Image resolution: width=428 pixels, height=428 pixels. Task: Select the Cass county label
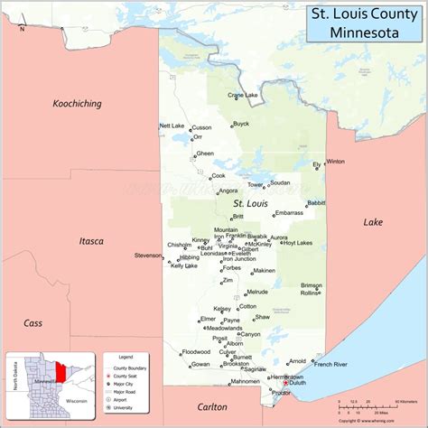click(33, 322)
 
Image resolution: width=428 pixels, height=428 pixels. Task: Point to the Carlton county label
click(215, 406)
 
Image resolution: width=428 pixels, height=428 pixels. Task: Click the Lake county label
click(373, 222)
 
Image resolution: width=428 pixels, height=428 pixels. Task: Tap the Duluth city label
click(298, 383)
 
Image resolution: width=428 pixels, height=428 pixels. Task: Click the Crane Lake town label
click(243, 95)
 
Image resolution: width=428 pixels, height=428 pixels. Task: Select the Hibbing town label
click(190, 257)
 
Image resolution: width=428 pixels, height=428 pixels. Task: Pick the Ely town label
click(316, 165)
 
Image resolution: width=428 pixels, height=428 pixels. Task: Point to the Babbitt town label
click(316, 203)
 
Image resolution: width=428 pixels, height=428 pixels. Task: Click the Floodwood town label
click(196, 351)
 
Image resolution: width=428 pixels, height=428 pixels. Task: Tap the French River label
click(330, 365)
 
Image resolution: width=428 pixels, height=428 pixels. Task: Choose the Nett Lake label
click(172, 126)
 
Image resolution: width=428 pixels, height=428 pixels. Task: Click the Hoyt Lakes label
click(297, 243)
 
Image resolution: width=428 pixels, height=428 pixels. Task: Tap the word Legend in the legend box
click(116, 357)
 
